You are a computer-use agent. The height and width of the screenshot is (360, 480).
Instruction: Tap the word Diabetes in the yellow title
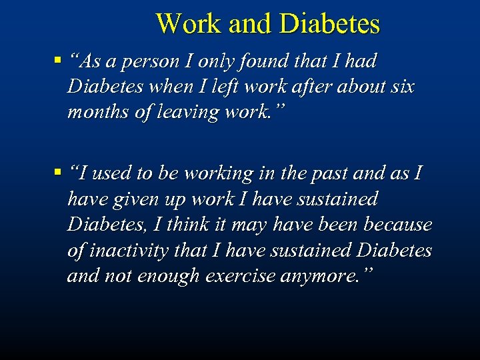tap(330, 24)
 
